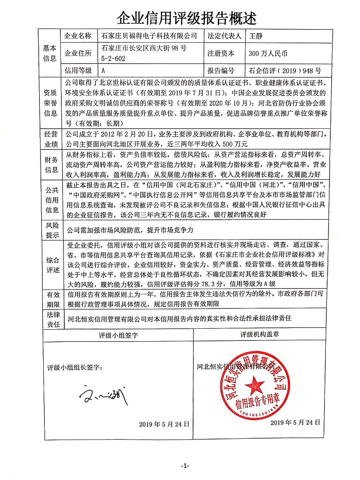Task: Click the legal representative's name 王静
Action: pos(255,36)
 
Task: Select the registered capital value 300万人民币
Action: pos(268,53)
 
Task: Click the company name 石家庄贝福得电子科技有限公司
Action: pos(149,36)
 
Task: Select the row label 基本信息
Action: pos(49,53)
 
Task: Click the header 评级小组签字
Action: pos(118,335)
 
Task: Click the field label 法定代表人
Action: pos(224,36)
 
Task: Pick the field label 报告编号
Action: pos(221,71)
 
